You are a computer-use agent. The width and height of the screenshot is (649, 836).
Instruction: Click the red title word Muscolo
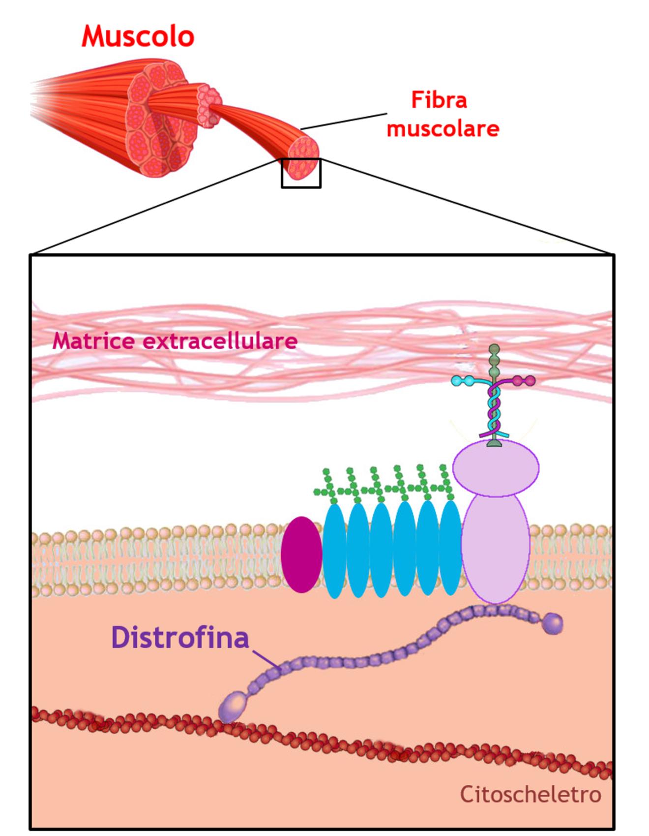pyautogui.click(x=138, y=37)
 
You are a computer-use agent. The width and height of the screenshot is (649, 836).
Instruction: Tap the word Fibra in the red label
pyautogui.click(x=439, y=100)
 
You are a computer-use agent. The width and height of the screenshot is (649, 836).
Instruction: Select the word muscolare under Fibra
pyautogui.click(x=442, y=129)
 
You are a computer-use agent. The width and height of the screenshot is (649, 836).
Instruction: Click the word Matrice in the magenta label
pyautogui.click(x=93, y=341)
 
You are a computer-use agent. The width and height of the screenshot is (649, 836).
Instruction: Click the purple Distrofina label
pyautogui.click(x=180, y=637)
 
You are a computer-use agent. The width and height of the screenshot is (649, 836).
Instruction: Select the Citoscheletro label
pyautogui.click(x=530, y=794)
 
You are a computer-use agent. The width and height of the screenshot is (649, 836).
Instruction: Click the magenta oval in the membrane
pyautogui.click(x=301, y=555)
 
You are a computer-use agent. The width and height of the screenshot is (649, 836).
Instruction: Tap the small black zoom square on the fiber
pyautogui.click(x=301, y=173)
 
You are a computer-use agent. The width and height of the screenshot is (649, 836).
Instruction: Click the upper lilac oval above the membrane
pyautogui.click(x=496, y=467)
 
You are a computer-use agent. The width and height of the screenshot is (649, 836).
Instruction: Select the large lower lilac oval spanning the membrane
pyautogui.click(x=496, y=549)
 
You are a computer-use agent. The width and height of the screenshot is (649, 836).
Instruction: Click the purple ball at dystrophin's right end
pyautogui.click(x=553, y=623)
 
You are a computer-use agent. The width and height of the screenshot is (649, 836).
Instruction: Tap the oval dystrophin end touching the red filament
pyautogui.click(x=233, y=706)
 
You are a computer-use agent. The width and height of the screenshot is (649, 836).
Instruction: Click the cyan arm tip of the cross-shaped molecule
pyautogui.click(x=457, y=380)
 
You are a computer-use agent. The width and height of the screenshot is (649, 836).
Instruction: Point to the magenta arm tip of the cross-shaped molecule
pyautogui.click(x=530, y=380)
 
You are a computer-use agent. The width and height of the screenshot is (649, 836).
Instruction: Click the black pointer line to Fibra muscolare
pyautogui.click(x=344, y=122)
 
